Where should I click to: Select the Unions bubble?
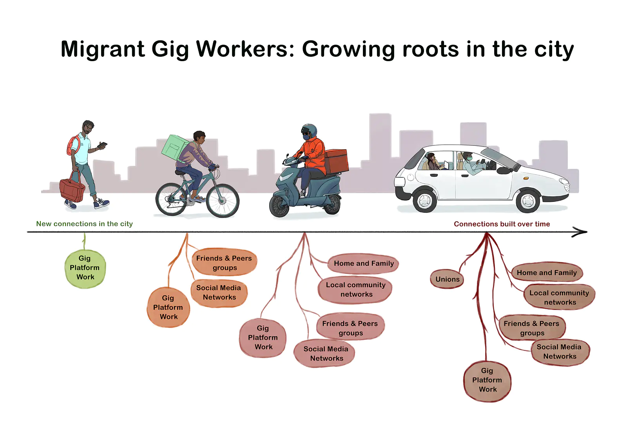[447, 279]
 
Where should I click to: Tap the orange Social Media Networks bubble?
[219, 293]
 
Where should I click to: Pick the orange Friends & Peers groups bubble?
[224, 262]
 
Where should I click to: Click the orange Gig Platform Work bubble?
[168, 307]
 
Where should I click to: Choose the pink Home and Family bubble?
[363, 263]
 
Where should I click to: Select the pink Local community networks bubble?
[355, 290]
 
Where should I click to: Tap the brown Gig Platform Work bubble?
[487, 381]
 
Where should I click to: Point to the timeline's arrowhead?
[580, 232]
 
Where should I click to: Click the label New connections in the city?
[85, 224]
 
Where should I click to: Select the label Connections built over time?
[502, 224]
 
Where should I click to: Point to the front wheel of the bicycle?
[223, 200]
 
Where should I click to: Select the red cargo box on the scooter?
[337, 161]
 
